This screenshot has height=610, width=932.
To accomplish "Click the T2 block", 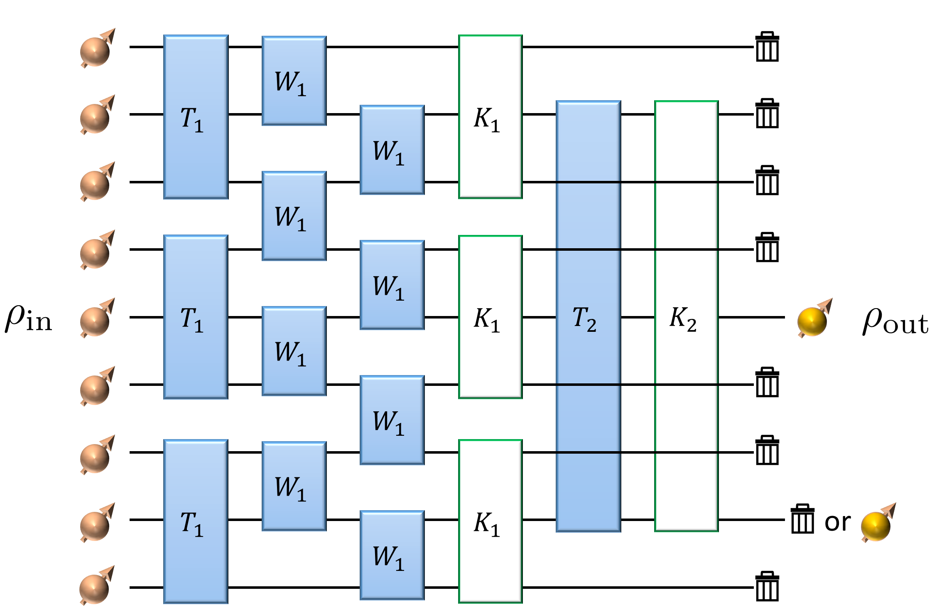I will pos(588,316).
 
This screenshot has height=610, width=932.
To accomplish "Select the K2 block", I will pos(686,316).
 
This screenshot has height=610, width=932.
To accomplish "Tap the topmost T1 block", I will pos(196,117).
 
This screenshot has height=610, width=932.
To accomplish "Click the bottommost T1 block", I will pos(196,521).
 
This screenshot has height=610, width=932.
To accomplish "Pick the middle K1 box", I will pos(490,317).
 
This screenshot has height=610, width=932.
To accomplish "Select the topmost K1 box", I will pos(490,117).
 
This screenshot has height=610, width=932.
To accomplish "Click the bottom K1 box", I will pos(490,521).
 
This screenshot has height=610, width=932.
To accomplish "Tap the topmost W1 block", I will pos(294,81).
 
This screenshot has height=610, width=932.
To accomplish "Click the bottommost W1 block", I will pos(392,555).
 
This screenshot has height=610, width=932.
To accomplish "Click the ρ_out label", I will pos(895,321).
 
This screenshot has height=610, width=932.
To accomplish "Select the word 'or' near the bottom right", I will pos(837,522).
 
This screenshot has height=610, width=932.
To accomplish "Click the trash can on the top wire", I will pos(767,47).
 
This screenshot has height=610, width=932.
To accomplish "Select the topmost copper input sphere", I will pos(96,50).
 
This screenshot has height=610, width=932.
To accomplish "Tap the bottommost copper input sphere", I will pos(96,587).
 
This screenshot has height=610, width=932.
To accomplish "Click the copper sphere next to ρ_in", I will pos(96,320).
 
